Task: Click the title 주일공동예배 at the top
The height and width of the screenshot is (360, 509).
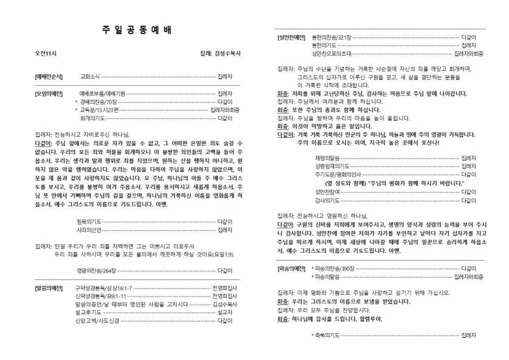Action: point(133,31)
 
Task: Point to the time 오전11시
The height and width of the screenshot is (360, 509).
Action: point(46,54)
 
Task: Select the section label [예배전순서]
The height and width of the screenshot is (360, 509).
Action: point(49,77)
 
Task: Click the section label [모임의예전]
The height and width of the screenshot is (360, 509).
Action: point(49,93)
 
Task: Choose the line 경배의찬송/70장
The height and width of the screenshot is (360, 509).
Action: point(101,101)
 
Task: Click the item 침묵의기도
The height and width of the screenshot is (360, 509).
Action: point(89,221)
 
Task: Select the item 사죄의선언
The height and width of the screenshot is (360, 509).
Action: point(89,229)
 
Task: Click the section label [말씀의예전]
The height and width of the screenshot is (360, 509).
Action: point(49,287)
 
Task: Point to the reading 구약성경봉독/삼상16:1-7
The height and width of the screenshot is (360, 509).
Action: point(103,287)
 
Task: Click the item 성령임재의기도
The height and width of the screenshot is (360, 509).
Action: point(330,165)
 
